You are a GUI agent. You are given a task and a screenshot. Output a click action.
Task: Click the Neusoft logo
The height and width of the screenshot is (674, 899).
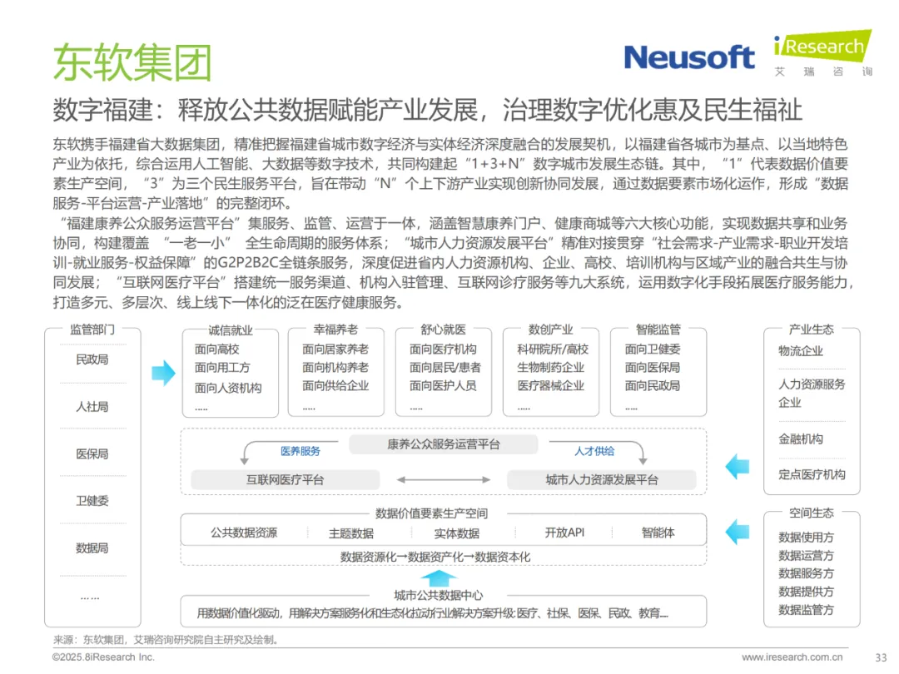click(688, 57)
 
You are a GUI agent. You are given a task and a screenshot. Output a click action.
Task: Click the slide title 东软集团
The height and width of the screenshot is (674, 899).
click(132, 62)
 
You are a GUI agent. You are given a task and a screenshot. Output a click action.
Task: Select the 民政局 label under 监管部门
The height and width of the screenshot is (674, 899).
click(92, 359)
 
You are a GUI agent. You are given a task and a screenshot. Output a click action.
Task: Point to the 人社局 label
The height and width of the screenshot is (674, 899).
click(92, 407)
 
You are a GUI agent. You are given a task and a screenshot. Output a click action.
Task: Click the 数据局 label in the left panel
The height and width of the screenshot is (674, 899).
click(92, 548)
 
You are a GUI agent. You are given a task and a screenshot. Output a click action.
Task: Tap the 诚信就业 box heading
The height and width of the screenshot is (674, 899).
click(231, 330)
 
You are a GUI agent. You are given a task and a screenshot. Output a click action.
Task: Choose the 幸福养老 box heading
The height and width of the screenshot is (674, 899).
click(336, 330)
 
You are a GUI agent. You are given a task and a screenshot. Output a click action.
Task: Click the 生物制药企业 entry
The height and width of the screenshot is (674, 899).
click(551, 368)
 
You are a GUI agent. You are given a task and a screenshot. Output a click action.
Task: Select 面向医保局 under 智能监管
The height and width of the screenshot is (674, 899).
click(653, 368)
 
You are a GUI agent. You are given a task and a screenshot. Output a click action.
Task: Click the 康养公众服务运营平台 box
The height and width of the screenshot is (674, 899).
click(444, 444)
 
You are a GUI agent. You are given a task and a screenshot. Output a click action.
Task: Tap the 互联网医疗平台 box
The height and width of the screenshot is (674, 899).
click(285, 479)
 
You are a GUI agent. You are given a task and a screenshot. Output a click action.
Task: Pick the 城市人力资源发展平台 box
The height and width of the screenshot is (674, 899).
click(602, 479)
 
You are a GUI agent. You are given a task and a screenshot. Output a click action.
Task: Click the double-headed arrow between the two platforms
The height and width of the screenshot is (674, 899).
click(443, 479)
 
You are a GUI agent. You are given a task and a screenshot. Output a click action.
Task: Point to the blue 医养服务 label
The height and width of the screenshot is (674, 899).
click(300, 451)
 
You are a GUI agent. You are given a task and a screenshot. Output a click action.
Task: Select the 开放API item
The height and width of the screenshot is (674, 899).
click(564, 533)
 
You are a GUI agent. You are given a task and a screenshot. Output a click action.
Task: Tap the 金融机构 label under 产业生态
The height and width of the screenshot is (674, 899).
click(801, 439)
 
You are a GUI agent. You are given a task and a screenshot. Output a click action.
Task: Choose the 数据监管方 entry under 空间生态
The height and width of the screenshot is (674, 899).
click(806, 610)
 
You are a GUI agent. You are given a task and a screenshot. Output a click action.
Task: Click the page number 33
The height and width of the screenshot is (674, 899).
click(882, 657)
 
